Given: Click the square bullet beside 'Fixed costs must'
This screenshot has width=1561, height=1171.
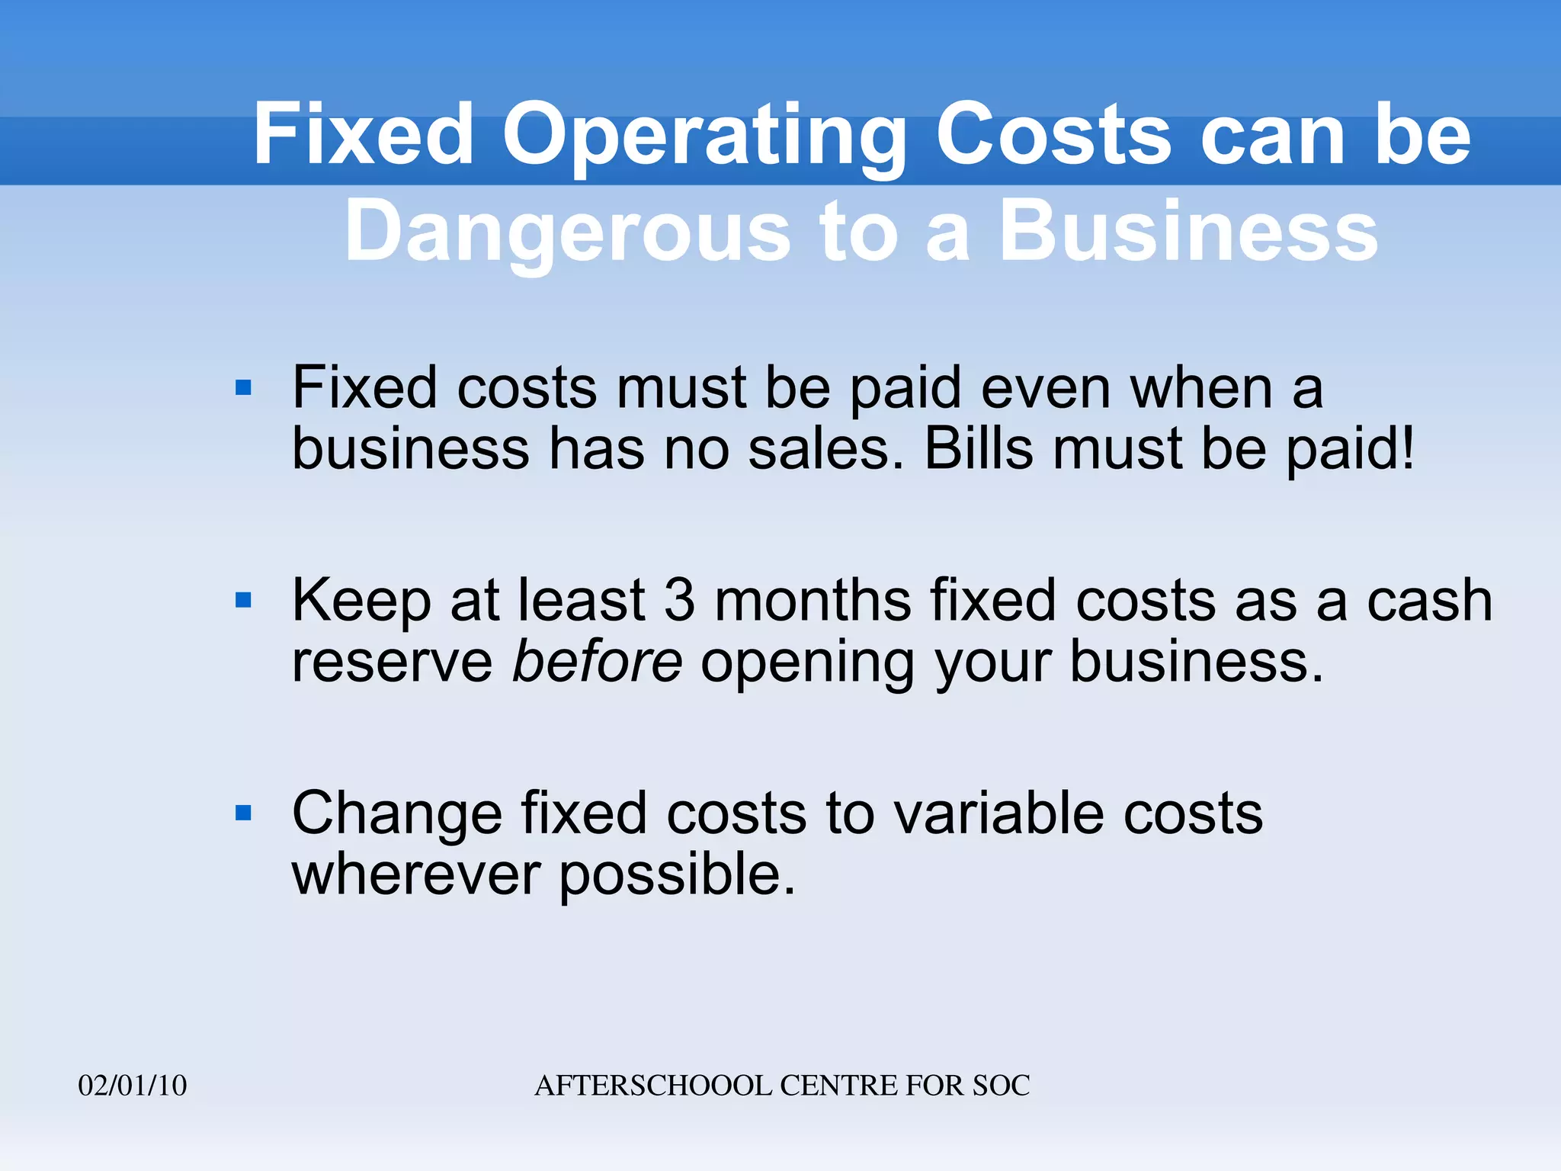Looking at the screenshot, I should coord(244,388).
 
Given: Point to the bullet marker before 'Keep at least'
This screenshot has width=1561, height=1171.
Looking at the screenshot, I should coord(244,601).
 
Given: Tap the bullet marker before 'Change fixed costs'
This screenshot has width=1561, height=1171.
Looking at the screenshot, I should coord(244,813).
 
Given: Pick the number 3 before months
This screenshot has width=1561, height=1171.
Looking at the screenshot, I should coord(680,601).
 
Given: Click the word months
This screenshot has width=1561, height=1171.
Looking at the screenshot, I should coord(813,601).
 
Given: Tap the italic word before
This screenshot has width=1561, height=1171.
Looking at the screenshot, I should coord(597,661).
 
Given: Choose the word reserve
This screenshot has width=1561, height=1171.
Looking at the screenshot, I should coord(393,662).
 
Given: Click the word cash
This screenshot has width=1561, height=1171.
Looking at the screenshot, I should coord(1429,601).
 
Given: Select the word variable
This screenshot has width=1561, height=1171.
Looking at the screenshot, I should coord(998,813).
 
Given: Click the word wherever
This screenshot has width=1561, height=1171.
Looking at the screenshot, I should coord(416,874).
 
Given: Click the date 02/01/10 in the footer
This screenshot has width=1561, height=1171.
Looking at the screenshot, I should coord(133,1086).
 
